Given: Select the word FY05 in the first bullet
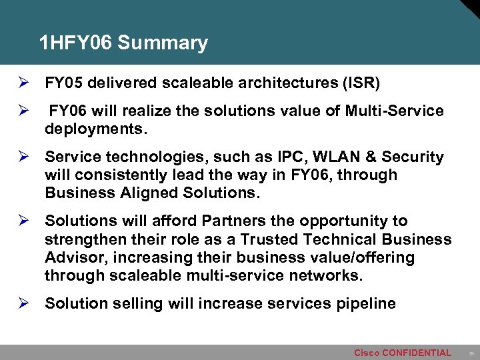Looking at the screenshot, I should [64, 83].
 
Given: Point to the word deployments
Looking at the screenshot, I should [95, 129].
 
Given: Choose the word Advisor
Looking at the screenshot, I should [75, 257].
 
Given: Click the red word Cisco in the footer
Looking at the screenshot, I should [367, 353].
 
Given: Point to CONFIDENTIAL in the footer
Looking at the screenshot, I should [417, 353].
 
